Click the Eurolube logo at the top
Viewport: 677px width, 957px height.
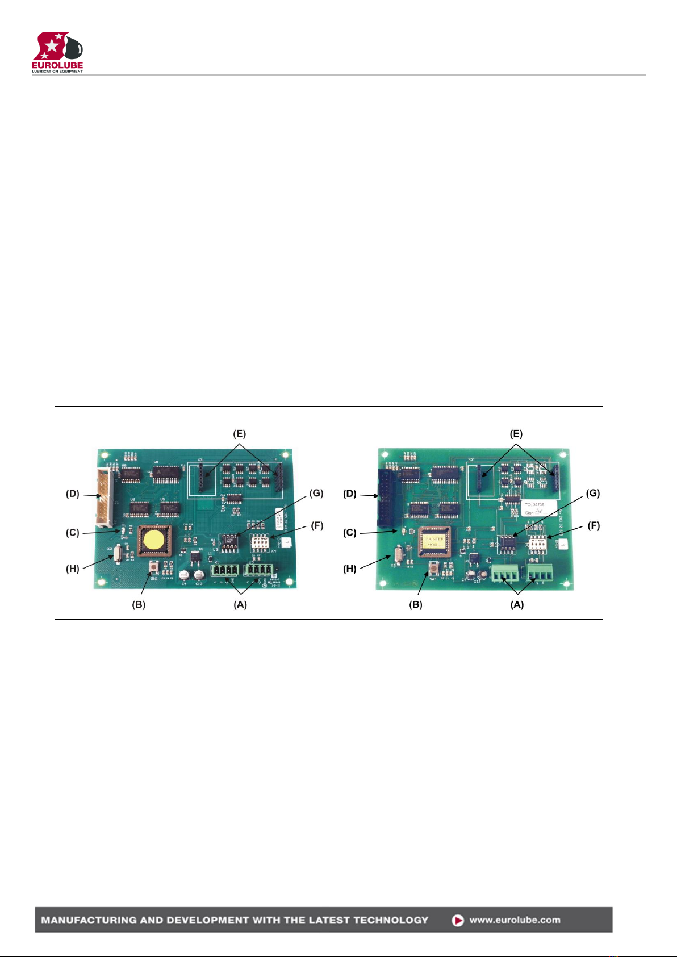pyautogui.click(x=57, y=52)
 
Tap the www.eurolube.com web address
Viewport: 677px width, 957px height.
pyautogui.click(x=515, y=920)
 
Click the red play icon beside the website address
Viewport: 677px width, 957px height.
pyautogui.click(x=458, y=920)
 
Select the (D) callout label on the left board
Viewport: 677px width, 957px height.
pyautogui.click(x=73, y=494)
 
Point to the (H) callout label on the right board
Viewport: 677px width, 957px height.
pyautogui.click(x=349, y=569)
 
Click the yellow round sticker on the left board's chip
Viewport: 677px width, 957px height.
pyautogui.click(x=153, y=540)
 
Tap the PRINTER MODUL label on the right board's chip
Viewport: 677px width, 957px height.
pyautogui.click(x=435, y=541)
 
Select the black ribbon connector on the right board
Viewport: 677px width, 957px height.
pyautogui.click(x=386, y=496)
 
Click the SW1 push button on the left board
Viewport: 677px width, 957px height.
pyautogui.click(x=153, y=566)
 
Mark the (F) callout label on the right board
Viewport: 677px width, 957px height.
pyautogui.click(x=594, y=526)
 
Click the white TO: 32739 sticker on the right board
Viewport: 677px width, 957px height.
pyautogui.click(x=536, y=508)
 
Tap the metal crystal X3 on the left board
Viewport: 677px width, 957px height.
pyautogui.click(x=118, y=553)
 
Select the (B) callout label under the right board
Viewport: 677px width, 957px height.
pyautogui.click(x=416, y=605)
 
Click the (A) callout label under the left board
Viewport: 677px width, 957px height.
pyautogui.click(x=240, y=605)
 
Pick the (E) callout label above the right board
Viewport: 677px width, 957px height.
pyautogui.click(x=516, y=434)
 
